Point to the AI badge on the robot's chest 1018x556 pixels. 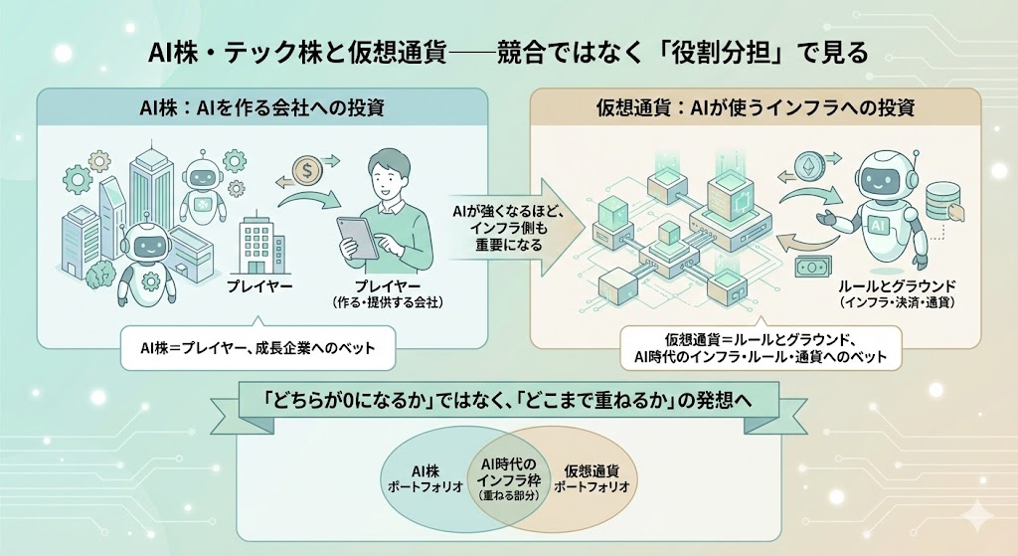pyautogui.click(x=879, y=228)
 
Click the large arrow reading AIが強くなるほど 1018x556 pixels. pyautogui.click(x=504, y=225)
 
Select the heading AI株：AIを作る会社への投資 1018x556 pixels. pyautogui.click(x=261, y=106)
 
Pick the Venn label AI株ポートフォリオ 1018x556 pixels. pyautogui.click(x=424, y=476)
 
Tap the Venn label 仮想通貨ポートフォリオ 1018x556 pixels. pyautogui.click(x=593, y=476)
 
